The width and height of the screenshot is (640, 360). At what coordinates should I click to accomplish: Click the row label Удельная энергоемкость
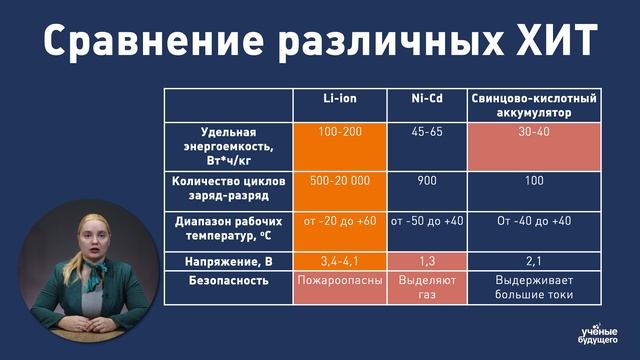(229, 146)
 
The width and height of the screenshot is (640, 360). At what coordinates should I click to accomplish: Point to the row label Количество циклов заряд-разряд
(229, 189)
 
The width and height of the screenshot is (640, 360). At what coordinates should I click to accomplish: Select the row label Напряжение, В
(229, 261)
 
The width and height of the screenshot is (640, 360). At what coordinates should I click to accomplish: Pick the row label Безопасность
(229, 281)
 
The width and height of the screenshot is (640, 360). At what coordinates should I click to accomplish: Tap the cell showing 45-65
(426, 132)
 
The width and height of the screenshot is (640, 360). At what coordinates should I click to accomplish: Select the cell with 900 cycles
(426, 181)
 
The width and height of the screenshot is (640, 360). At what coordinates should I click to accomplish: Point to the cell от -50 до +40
(426, 221)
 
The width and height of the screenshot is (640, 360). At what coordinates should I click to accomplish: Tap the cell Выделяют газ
(426, 289)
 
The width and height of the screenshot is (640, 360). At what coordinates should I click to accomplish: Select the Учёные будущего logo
(600, 333)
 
